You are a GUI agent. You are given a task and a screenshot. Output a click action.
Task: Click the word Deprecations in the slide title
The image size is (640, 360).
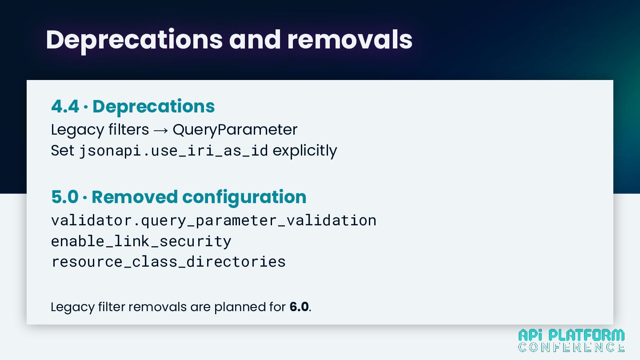(134, 40)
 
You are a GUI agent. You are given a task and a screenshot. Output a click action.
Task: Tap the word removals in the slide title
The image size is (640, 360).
(350, 40)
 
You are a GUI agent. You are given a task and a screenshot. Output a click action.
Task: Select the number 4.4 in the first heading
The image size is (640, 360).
(65, 106)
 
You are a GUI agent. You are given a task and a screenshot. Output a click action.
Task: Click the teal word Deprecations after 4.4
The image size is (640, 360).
(153, 107)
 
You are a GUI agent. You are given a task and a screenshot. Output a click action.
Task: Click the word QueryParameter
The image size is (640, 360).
(235, 130)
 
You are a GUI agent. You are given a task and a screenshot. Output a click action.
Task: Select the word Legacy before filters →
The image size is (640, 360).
(77, 130)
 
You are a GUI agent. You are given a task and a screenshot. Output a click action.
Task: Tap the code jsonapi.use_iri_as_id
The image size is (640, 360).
(174, 151)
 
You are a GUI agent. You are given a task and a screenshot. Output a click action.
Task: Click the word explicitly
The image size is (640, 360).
(305, 151)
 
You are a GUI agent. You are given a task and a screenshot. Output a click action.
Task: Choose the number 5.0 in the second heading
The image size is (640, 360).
(65, 197)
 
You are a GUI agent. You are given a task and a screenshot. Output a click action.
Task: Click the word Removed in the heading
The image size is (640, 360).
(135, 197)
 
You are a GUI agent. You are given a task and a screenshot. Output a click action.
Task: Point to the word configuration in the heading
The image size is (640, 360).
(244, 198)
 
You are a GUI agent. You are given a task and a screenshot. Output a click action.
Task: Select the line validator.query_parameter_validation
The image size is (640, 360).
(214, 221)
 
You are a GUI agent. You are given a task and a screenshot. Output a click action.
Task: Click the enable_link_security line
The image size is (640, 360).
(141, 241)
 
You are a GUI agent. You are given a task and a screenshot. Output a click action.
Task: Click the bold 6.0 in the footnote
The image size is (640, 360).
(299, 307)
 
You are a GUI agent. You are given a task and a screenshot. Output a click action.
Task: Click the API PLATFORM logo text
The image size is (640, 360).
(571, 335)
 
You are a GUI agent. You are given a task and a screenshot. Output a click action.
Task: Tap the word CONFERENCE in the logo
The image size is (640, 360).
(571, 347)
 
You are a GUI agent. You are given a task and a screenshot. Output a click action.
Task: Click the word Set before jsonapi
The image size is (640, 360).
(63, 151)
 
